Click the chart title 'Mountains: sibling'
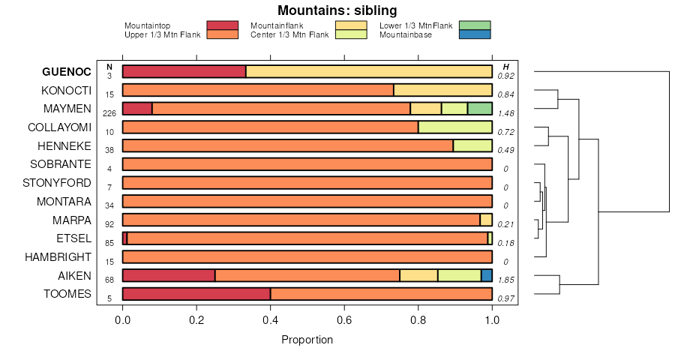tap(337, 10)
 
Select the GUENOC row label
tap(67, 71)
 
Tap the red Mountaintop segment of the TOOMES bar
tap(196, 293)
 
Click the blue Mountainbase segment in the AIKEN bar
tap(487, 275)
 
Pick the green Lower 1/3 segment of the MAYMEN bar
tap(479, 108)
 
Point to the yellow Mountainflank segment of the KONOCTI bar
tap(442, 90)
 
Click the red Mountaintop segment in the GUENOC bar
tap(184, 71)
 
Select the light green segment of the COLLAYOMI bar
tap(454, 127)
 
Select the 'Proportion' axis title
tap(307, 340)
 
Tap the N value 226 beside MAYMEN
tap(109, 113)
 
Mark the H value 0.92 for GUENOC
tap(507, 76)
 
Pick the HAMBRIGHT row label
tap(57, 256)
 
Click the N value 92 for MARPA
tap(109, 224)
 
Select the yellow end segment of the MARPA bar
tap(486, 220)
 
